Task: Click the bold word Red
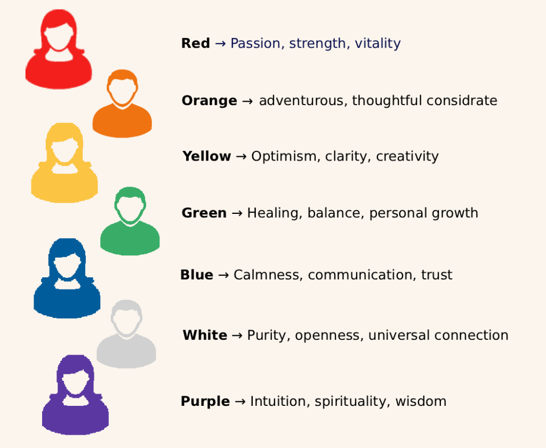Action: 196,44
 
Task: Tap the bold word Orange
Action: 209,101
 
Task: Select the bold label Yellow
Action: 206,157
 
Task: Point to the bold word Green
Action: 204,213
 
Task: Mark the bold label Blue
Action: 197,275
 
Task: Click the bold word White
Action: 205,335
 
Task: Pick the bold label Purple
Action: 205,402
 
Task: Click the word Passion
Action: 255,44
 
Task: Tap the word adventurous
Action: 303,101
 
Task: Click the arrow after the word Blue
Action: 223,275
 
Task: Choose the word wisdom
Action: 421,402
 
